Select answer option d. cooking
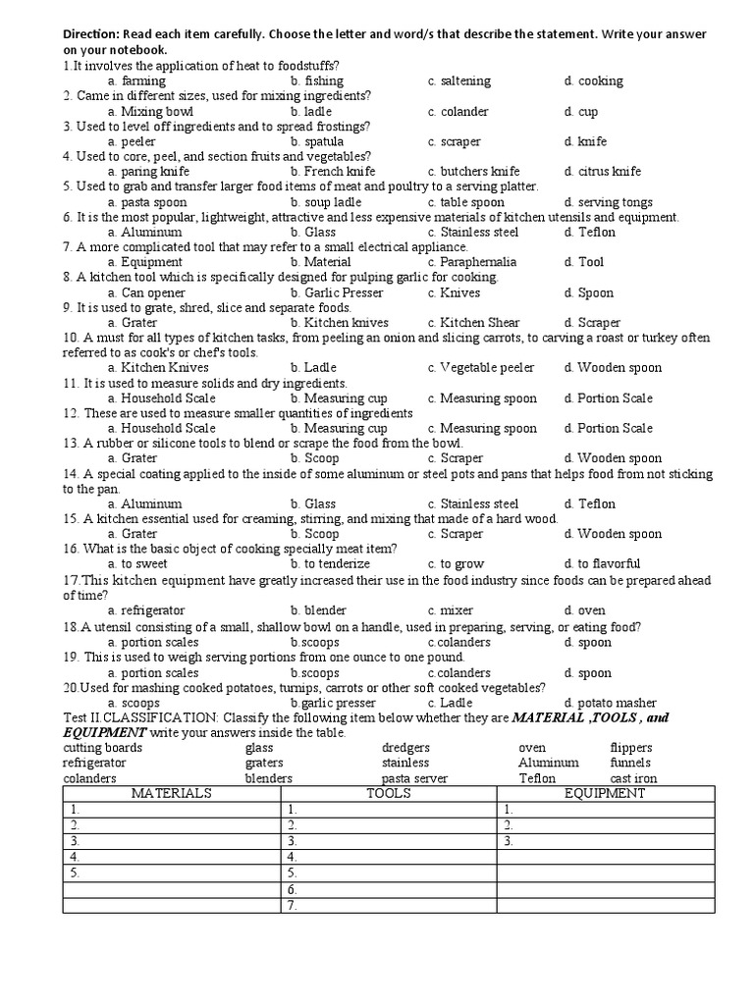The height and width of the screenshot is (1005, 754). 593,80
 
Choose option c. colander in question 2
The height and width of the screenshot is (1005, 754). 458,112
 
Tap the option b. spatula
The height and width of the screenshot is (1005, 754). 317,141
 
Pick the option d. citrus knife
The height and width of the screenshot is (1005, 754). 602,172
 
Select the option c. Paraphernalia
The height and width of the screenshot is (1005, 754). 472,262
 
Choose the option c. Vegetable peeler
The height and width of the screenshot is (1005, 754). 481,367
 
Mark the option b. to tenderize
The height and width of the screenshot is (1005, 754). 328,563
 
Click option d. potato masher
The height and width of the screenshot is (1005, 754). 611,703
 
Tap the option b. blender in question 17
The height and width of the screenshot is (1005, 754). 318,609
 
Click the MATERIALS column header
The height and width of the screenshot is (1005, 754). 172,793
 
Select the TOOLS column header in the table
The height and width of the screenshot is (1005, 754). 388,793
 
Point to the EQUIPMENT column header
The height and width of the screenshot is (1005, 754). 605,793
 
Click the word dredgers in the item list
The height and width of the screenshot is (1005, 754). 405,748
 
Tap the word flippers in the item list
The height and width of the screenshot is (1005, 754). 630,748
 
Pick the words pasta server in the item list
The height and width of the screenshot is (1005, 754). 414,778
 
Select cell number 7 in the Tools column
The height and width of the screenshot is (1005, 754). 388,905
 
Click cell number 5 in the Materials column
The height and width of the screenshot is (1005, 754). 172,873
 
